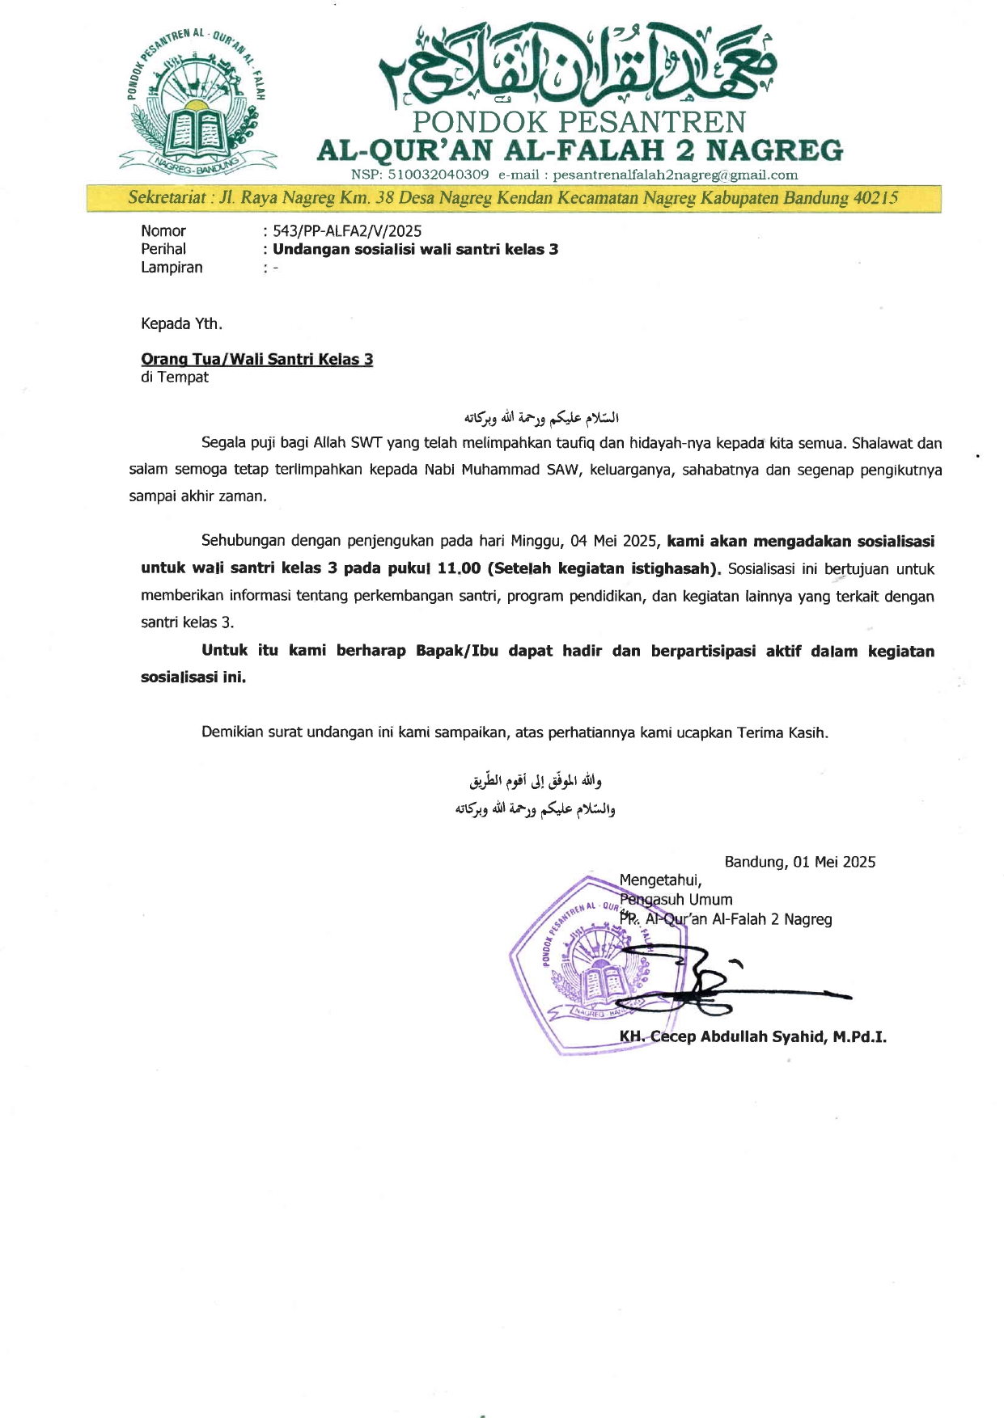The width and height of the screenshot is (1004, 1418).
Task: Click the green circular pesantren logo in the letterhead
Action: coord(197,102)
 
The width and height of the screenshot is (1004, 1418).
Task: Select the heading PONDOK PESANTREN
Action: coord(578,122)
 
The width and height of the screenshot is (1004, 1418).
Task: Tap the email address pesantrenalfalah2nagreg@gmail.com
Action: coord(675,175)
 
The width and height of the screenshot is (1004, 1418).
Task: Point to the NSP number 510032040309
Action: coord(438,175)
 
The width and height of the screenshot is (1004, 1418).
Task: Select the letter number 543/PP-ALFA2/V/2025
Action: coord(347,231)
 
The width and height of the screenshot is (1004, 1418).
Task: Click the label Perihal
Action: coord(163,249)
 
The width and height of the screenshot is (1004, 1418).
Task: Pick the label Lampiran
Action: coord(172,268)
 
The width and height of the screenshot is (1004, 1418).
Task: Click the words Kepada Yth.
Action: coord(181,324)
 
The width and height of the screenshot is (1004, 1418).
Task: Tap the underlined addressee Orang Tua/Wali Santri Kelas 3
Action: coord(256,359)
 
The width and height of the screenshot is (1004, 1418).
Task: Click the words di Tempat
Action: coord(175,378)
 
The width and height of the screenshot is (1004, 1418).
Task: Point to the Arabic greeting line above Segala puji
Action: coord(541,418)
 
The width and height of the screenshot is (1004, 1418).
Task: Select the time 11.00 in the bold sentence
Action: coord(459,568)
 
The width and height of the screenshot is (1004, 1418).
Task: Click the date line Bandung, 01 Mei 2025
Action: coord(799,862)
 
